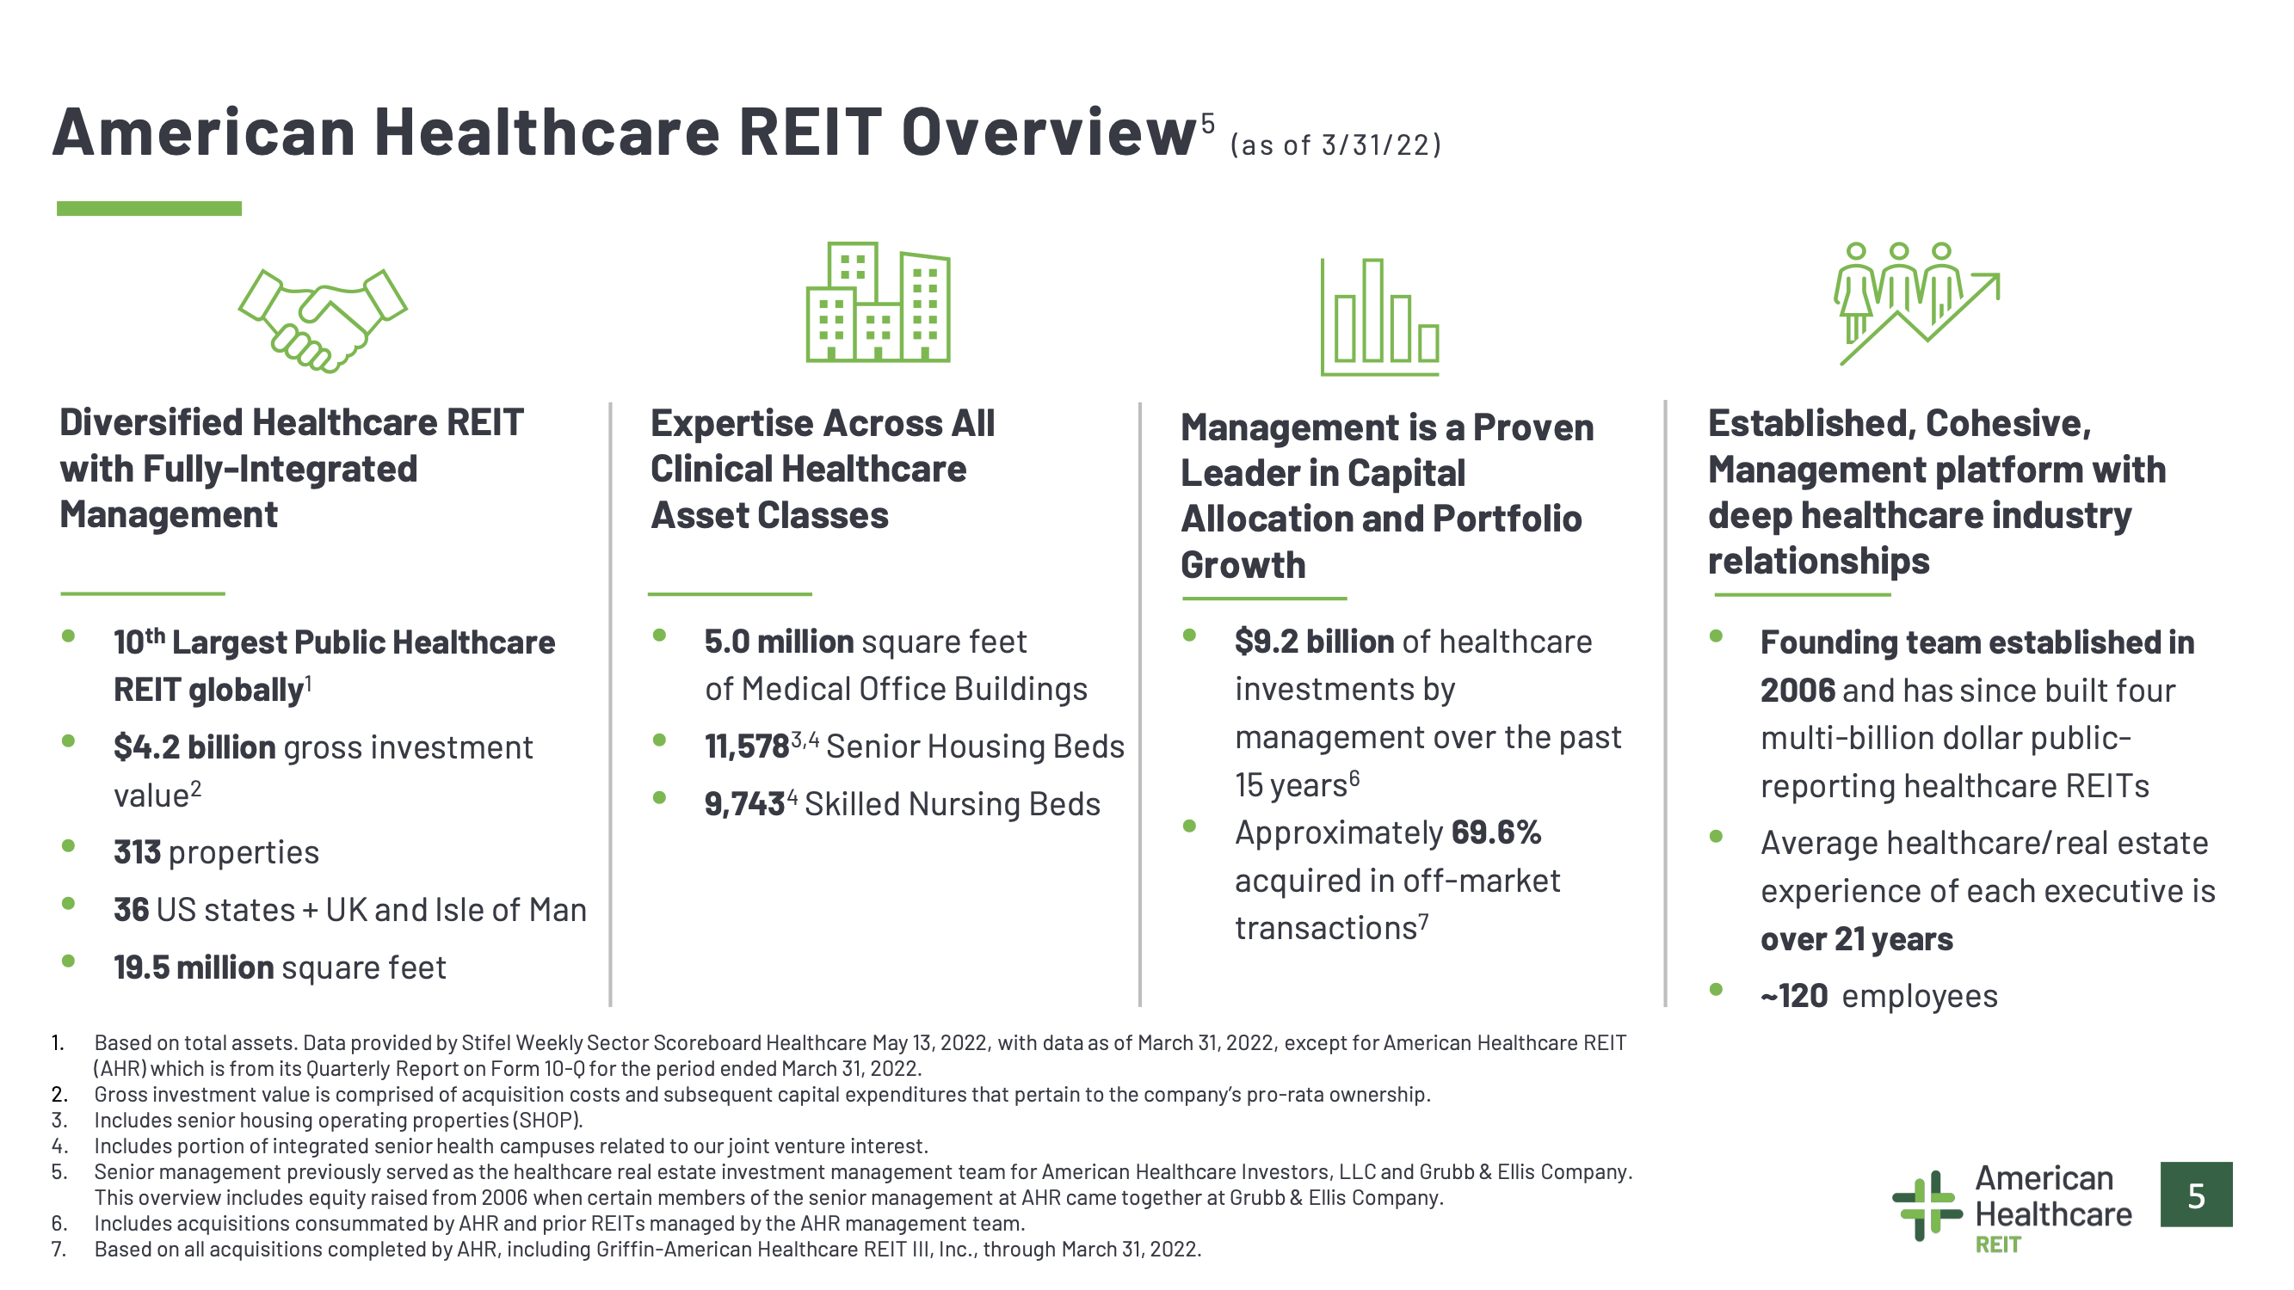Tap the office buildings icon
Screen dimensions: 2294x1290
coord(878,302)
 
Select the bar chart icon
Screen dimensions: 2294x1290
coord(1379,317)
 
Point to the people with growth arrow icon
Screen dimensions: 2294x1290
coord(1916,304)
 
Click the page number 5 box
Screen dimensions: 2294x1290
coord(2196,1195)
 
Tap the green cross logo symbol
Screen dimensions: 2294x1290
coord(1927,1206)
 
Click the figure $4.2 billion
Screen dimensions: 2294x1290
coord(194,747)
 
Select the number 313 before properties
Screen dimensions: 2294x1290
coord(137,852)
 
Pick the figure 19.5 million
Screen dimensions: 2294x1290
coord(194,967)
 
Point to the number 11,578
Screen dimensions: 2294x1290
coord(746,746)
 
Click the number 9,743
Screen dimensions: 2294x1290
coord(744,804)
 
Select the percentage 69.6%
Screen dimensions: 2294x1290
coord(1496,832)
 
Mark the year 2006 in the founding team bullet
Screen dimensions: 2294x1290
coord(1798,690)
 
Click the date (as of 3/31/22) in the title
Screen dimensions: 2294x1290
coord(1335,144)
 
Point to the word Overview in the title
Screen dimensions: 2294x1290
coord(1048,132)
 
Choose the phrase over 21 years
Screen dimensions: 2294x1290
coord(1857,938)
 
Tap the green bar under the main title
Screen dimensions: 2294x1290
coord(149,208)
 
